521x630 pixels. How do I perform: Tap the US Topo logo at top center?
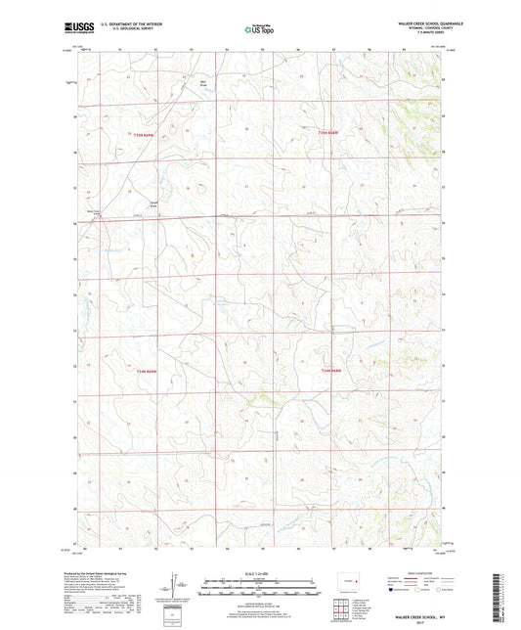click(x=259, y=30)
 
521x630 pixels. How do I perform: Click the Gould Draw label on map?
click(x=152, y=204)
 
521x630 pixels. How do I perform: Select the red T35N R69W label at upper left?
click(x=145, y=132)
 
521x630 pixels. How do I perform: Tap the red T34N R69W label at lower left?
click(x=145, y=371)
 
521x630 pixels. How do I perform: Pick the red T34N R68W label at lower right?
click(x=332, y=371)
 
